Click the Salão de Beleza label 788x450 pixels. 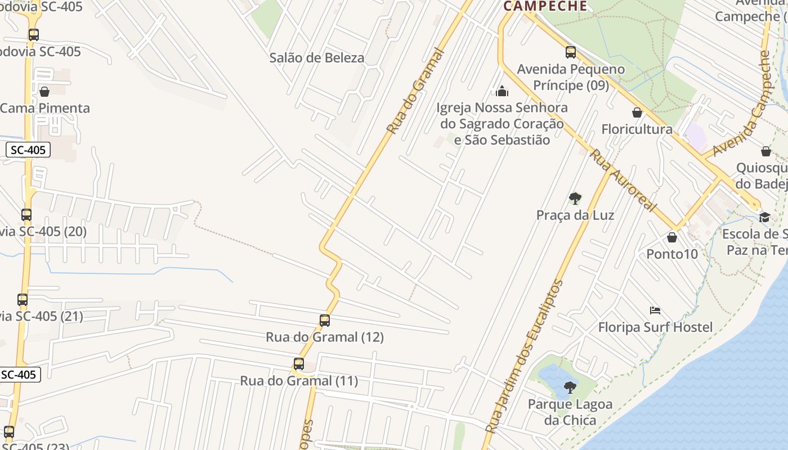tap(316, 57)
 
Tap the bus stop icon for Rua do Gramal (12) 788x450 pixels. tap(325, 321)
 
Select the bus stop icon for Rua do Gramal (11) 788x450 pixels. tap(299, 364)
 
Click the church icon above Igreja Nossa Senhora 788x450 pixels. tap(502, 91)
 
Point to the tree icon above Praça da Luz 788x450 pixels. tap(575, 198)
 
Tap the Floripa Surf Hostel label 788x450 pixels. tap(655, 327)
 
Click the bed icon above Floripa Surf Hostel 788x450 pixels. tap(655, 310)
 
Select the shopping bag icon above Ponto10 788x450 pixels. tap(671, 237)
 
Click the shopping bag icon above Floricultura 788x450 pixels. tap(637, 112)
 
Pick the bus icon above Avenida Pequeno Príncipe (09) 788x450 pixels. tap(571, 52)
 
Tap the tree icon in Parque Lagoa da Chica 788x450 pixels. tap(570, 387)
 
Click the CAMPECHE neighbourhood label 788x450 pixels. tap(545, 6)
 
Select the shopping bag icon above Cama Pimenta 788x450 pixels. tap(44, 91)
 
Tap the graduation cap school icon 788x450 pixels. tap(764, 217)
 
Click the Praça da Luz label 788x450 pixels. tap(575, 215)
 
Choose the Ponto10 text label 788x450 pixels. tap(671, 254)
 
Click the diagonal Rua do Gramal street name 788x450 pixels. tap(415, 91)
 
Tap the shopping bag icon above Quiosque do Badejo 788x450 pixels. tap(766, 151)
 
